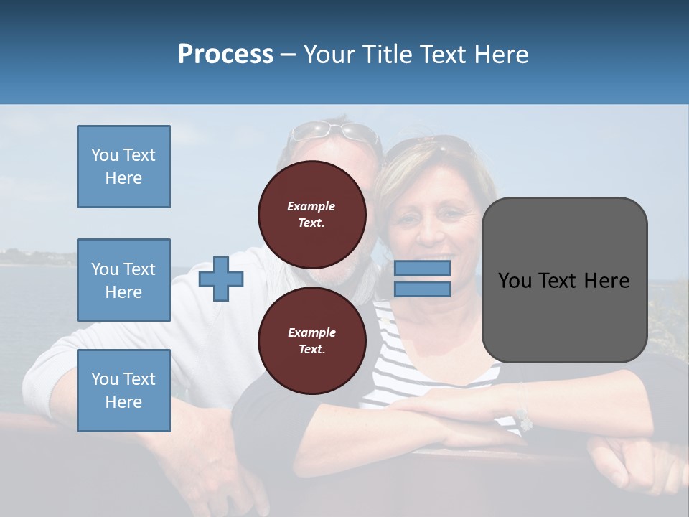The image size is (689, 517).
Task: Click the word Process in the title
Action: [225, 55]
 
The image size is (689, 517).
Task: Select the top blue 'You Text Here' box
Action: [123, 167]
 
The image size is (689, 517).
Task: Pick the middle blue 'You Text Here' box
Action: [123, 280]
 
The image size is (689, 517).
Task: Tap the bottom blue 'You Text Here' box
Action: [123, 391]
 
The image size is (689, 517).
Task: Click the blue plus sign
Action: [221, 279]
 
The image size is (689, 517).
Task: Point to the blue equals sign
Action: [422, 279]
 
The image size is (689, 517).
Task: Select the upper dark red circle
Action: [311, 214]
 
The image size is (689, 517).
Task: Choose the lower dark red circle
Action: [311, 340]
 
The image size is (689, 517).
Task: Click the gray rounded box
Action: [564, 280]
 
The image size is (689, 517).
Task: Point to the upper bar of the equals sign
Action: [422, 269]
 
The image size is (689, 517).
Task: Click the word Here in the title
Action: [501, 55]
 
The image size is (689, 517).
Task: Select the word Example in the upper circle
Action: [311, 206]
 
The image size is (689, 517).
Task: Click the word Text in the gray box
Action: [563, 281]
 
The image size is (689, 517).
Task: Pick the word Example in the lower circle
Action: [311, 332]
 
